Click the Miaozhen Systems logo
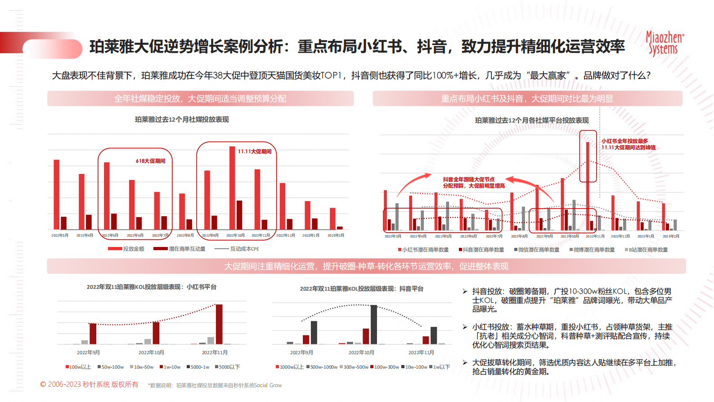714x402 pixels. (665, 43)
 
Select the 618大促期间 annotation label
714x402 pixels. (150, 161)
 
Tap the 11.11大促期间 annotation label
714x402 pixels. (255, 151)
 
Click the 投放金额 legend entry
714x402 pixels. (126, 249)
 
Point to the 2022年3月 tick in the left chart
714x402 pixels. (60, 235)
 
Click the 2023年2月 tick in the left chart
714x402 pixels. (336, 235)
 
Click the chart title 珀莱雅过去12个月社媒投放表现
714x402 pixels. (182, 119)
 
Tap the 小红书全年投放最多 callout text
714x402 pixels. (628, 144)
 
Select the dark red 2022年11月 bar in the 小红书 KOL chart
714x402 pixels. (219, 324)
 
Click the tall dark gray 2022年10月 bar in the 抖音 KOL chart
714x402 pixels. (374, 324)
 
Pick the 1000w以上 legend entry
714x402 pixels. (290, 367)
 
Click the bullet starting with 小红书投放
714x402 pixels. (571, 336)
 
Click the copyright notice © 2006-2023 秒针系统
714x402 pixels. (89, 384)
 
